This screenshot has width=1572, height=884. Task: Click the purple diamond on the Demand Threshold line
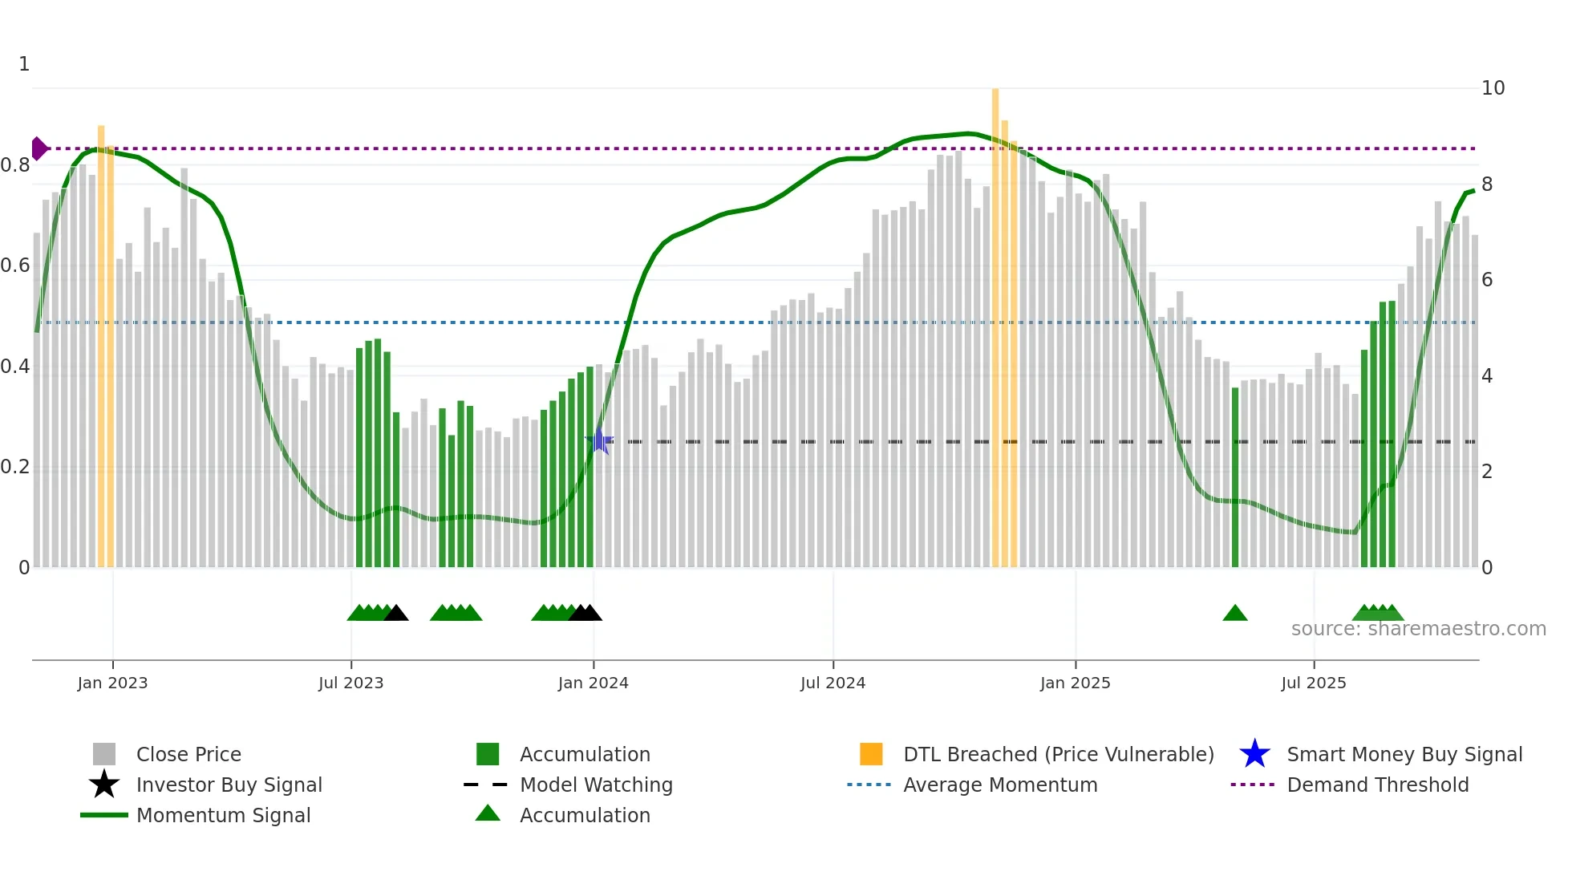coord(38,148)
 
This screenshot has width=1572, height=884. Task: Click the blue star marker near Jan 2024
coord(599,441)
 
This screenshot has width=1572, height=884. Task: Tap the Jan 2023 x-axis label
coord(112,683)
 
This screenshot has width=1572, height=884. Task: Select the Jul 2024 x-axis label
coord(833,683)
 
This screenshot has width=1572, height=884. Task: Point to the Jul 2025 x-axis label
coord(1313,683)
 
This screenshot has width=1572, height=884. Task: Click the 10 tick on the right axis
coord(1493,88)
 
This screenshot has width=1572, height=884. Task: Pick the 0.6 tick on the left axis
coord(15,266)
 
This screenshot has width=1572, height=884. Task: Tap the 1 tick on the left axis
coord(24,64)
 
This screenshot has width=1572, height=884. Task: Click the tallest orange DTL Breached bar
coord(995,321)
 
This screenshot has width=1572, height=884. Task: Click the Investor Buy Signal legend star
coord(104,785)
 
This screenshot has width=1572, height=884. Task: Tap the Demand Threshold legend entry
coord(1377,785)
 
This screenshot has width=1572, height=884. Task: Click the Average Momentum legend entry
coord(999,785)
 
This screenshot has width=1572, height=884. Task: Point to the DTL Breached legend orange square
coord(871,754)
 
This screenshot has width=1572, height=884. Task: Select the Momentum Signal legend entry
coord(223,815)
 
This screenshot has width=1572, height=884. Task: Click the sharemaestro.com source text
coord(1418,629)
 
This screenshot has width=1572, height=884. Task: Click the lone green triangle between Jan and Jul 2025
coord(1235,614)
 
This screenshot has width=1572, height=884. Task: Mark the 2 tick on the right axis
coord(1487,472)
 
